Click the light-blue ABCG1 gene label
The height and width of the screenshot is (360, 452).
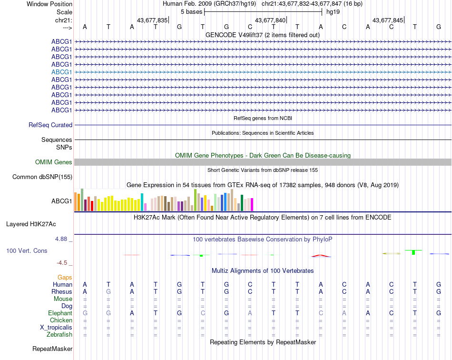click(62, 72)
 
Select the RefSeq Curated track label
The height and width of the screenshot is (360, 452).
click(50, 125)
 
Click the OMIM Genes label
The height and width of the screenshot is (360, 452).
click(54, 162)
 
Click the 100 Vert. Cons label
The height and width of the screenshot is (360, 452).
click(27, 250)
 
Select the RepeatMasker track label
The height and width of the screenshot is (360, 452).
click(52, 349)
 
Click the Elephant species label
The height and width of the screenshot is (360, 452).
click(60, 313)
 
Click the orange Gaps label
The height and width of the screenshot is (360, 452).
click(65, 277)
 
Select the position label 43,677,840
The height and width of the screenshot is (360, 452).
click(270, 20)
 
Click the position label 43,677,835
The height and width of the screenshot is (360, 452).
click(152, 20)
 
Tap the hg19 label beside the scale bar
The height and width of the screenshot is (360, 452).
click(333, 11)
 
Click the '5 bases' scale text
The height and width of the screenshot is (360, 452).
click(191, 11)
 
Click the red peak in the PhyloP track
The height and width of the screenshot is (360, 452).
click(321, 256)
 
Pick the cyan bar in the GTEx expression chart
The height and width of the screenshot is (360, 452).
click(142, 202)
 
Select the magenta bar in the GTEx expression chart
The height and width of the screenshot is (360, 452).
click(252, 204)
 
